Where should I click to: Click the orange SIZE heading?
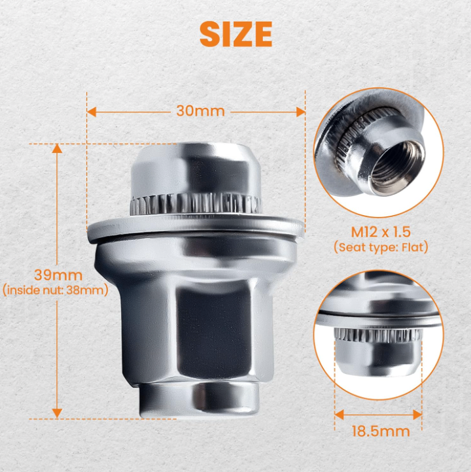235,34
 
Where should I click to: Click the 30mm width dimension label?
200,111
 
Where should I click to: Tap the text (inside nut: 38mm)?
55,290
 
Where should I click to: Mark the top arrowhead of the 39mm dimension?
58,148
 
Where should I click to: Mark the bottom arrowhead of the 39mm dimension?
58,413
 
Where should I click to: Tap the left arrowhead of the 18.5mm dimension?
339,413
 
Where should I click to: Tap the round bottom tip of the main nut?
198,396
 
